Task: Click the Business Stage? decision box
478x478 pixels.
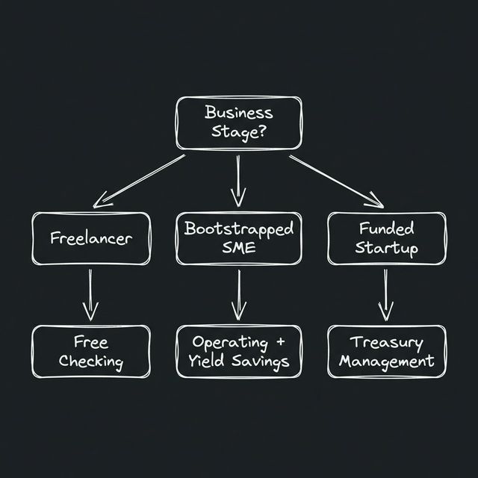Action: pyautogui.click(x=238, y=123)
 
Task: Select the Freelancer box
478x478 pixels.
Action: pyautogui.click(x=90, y=238)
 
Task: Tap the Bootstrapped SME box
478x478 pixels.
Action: pyautogui.click(x=238, y=238)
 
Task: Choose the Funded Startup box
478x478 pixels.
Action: pyautogui.click(x=386, y=238)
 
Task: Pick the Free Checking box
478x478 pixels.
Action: pyautogui.click(x=90, y=352)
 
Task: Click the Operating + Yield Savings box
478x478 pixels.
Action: pyautogui.click(x=238, y=352)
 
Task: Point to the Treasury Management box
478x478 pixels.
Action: pyautogui.click(x=386, y=352)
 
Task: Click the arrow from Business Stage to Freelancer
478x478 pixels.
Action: pyautogui.click(x=138, y=180)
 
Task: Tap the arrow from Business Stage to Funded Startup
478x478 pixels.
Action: pyautogui.click(x=336, y=180)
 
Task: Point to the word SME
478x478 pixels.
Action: pyautogui.click(x=238, y=249)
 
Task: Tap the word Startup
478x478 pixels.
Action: pyautogui.click(x=386, y=249)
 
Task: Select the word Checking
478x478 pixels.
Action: pyautogui.click(x=90, y=362)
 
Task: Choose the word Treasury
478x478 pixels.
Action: pyautogui.click(x=386, y=342)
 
